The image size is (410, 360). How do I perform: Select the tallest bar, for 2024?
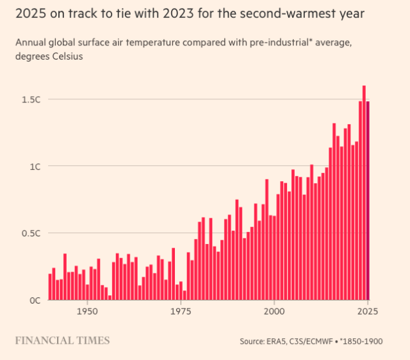[x=364, y=192]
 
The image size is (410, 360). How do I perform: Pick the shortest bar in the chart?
[x=110, y=297]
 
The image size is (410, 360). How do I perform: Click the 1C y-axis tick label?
[x=33, y=167]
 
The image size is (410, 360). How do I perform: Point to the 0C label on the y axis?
[x=33, y=300]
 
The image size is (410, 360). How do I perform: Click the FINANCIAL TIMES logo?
[x=62, y=340]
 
